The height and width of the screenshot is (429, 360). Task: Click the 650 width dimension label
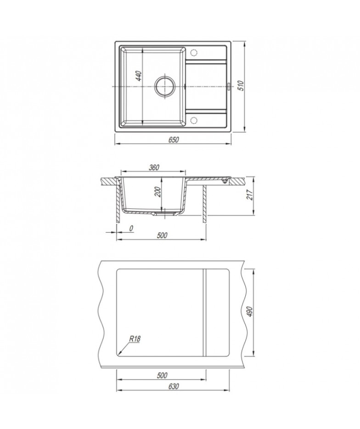pos(174,140)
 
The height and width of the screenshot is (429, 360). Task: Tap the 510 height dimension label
pos(241,86)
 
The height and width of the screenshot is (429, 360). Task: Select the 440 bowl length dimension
pos(139,76)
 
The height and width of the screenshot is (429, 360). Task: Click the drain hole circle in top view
pos(164,86)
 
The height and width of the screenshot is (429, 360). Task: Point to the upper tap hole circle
pos(194,52)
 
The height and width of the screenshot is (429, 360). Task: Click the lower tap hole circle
pos(194,120)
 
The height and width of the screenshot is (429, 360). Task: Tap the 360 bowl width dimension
pos(154,167)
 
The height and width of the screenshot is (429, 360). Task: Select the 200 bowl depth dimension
pos(158,191)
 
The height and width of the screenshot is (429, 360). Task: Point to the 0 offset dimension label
pos(131,228)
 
